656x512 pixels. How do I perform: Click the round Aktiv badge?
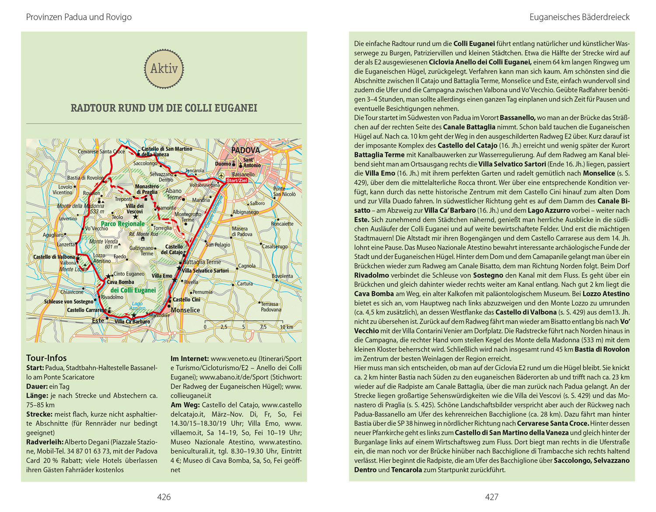tap(164, 69)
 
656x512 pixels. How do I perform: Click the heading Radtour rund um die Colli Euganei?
tap(164, 108)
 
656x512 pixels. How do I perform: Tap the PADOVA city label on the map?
tap(245, 150)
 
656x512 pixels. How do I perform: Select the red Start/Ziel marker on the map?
tap(237, 180)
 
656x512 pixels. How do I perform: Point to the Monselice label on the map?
tap(185, 310)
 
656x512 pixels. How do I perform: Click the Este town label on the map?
tap(98, 320)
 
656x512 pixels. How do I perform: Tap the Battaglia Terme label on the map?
tap(202, 262)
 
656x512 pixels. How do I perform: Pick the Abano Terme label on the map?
tap(174, 194)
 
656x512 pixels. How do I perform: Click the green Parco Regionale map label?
tap(122, 224)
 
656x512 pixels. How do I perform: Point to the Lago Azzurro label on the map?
tap(137, 306)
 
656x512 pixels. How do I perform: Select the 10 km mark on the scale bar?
tap(286, 327)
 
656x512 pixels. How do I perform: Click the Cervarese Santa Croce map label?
tap(101, 151)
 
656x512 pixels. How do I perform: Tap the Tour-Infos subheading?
tap(46, 358)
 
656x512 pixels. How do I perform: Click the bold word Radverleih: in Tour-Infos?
tap(45, 442)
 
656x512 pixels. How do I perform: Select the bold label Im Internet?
tap(189, 358)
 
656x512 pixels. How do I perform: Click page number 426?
tap(164, 497)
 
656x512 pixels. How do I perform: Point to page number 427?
tap(492, 497)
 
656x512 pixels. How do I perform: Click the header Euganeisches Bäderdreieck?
tap(579, 17)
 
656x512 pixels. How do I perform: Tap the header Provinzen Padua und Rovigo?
tap(79, 17)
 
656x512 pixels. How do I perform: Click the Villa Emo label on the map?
tap(162, 276)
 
